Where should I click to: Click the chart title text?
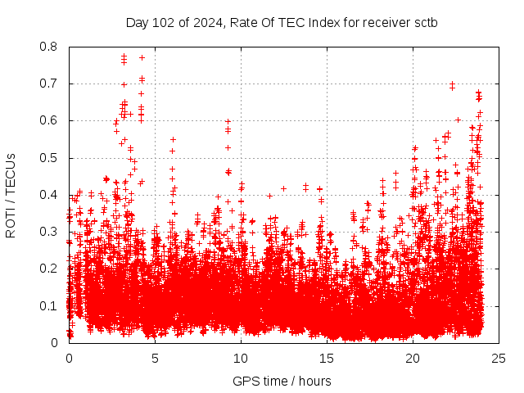tap(282, 22)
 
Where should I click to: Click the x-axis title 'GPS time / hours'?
tap(282, 381)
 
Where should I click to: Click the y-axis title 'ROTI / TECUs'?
tap(11, 195)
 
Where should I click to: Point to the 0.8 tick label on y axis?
tap(49, 47)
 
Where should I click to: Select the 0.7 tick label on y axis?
tap(49, 84)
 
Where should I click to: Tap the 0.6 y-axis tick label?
tap(49, 120)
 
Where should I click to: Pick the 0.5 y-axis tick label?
tap(49, 158)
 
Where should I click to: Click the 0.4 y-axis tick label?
tap(49, 195)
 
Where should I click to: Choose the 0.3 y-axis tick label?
tap(49, 232)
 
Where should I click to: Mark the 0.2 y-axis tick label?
tap(49, 269)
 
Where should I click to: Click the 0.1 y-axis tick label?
tap(49, 306)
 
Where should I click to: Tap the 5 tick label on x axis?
tap(155, 358)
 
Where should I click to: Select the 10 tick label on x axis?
tap(241, 358)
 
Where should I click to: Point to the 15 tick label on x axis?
tap(327, 358)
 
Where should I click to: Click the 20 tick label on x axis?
tap(413, 358)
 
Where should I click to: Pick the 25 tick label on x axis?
tap(499, 358)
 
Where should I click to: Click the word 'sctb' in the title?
tap(425, 22)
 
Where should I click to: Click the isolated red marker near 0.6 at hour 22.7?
tap(458, 120)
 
